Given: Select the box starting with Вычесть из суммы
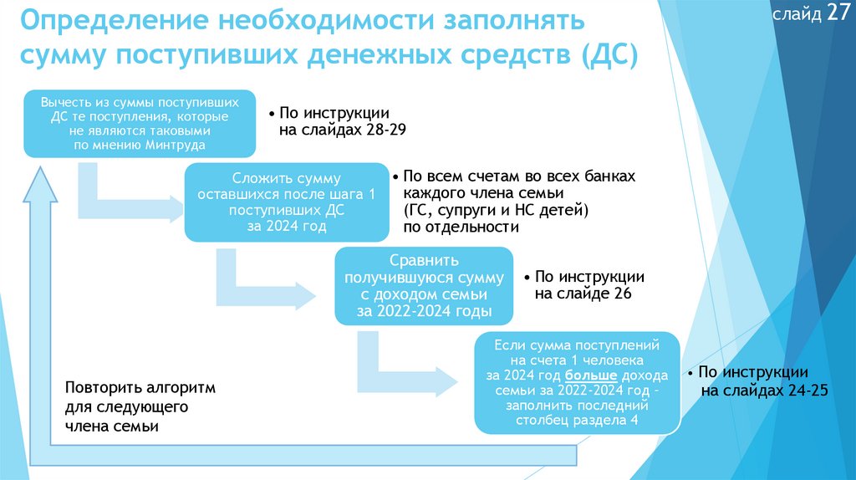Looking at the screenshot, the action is click(x=139, y=123).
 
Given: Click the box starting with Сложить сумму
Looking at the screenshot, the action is click(x=286, y=202).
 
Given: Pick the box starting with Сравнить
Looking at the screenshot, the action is click(x=423, y=285).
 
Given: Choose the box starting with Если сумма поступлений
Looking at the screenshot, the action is click(x=578, y=381).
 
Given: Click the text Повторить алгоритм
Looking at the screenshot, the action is click(x=140, y=389).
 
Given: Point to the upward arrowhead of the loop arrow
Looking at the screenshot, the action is click(x=38, y=185).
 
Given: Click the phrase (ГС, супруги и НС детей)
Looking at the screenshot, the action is click(x=497, y=209).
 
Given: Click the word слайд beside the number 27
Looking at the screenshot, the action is click(x=797, y=16).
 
